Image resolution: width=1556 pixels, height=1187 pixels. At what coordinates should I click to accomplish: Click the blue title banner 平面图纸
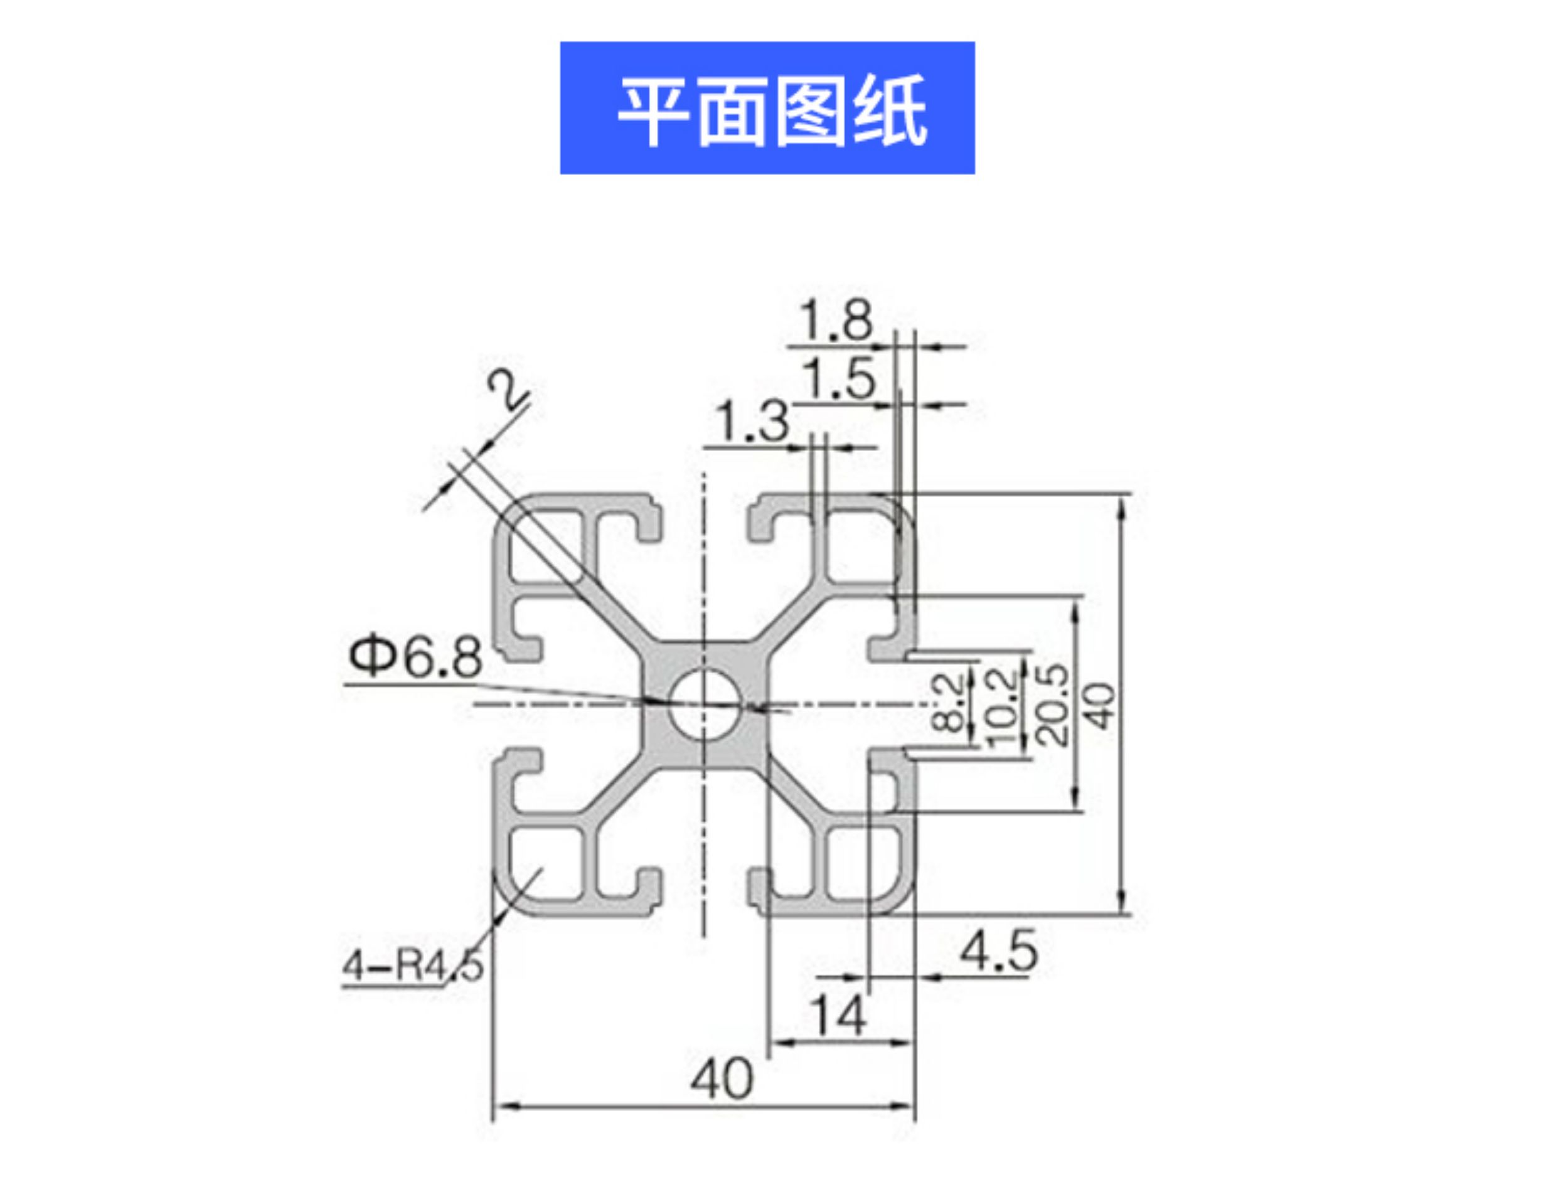pos(767,107)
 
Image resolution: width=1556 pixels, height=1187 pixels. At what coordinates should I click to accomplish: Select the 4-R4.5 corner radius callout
pos(413,965)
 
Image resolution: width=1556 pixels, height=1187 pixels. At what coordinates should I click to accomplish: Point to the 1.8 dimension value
pos(836,321)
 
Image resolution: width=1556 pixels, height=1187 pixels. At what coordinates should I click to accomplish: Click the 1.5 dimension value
pos(839,380)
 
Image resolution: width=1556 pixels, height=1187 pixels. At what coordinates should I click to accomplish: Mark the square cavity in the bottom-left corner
pos(545,864)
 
